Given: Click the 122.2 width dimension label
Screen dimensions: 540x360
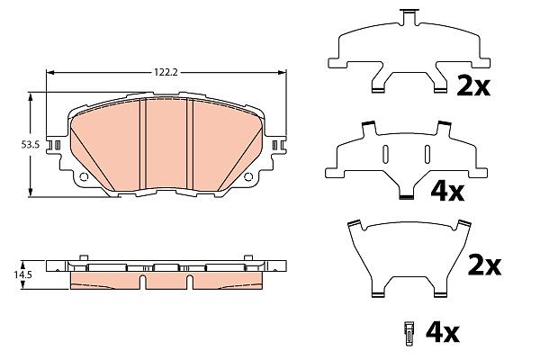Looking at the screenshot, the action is pyautogui.click(x=166, y=72).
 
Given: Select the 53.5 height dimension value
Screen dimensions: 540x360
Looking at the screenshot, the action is pyautogui.click(x=31, y=145).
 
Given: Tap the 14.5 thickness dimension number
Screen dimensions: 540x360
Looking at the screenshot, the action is pyautogui.click(x=22, y=274).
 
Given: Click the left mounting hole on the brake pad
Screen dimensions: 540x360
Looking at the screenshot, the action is pyautogui.click(x=84, y=177).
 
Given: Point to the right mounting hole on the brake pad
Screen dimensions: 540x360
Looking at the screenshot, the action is pyautogui.click(x=248, y=177).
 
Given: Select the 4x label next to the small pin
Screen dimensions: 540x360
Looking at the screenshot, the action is pyautogui.click(x=443, y=332).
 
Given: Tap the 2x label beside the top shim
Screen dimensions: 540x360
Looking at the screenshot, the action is pyautogui.click(x=472, y=86).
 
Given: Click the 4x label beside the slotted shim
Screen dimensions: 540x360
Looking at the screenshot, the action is pyautogui.click(x=447, y=192).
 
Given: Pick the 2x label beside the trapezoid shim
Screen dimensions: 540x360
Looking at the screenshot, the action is pyautogui.click(x=484, y=265).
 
